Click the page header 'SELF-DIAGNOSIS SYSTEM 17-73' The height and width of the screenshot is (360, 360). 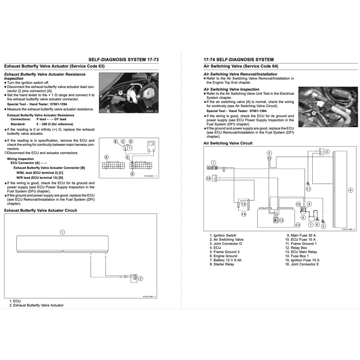[x=123, y=60]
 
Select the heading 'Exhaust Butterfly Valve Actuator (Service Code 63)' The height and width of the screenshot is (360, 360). [x=54, y=66]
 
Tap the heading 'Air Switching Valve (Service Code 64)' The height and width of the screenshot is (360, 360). [x=241, y=66]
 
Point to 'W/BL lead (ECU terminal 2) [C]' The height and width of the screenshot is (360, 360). [x=40, y=173]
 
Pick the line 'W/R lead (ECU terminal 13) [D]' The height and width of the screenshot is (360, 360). [x=40, y=178]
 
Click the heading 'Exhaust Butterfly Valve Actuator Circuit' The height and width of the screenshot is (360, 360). [x=40, y=210]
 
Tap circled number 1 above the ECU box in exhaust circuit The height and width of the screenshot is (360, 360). [x=62, y=232]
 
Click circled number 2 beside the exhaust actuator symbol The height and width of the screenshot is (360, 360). [x=141, y=278]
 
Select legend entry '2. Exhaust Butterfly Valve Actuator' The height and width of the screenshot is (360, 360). [x=37, y=305]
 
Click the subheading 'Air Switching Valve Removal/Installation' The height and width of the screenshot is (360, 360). [x=240, y=74]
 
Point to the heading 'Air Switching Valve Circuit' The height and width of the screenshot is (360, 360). [x=228, y=143]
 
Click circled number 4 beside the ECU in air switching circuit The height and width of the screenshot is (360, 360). [x=351, y=190]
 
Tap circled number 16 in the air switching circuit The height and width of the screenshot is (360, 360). [x=208, y=179]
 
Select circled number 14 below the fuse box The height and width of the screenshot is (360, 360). [x=243, y=213]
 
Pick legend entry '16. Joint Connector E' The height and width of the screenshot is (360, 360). [x=302, y=264]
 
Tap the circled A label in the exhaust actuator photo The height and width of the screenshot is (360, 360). [x=120, y=93]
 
